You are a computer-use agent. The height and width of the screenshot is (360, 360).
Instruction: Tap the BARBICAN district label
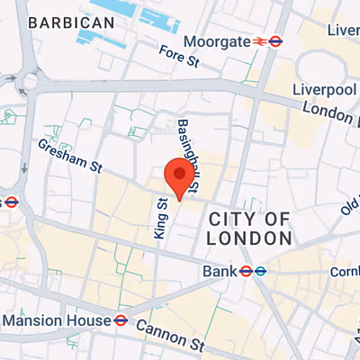click(x=71, y=22)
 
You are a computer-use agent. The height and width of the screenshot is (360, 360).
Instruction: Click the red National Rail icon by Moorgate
click(x=257, y=40)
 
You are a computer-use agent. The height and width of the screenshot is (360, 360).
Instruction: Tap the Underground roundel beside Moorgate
click(x=275, y=40)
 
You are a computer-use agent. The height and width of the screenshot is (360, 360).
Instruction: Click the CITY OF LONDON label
click(x=249, y=229)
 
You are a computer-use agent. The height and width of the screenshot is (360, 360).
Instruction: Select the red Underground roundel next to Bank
click(x=244, y=270)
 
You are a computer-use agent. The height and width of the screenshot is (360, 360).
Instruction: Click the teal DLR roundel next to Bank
click(x=259, y=270)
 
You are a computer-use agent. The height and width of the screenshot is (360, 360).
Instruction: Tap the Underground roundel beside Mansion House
click(x=120, y=319)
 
